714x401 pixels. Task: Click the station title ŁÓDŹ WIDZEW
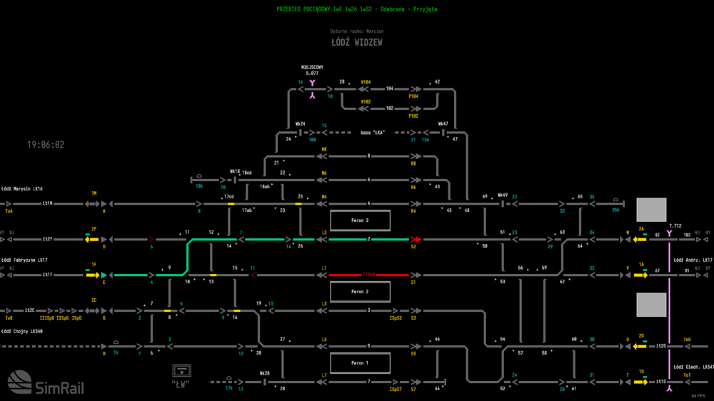357,43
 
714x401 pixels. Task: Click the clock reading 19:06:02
46,145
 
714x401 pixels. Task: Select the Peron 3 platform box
360,220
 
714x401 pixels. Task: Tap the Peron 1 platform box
360,363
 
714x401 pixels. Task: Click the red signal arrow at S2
416,239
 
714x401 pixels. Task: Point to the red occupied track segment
369,275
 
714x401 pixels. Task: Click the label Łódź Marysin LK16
22,188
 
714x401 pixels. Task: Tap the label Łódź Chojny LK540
22,331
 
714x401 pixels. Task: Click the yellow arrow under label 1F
92,275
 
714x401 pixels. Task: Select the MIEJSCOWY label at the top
312,67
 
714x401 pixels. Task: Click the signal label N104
366,82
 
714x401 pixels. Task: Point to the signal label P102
413,116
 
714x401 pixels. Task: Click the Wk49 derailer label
503,195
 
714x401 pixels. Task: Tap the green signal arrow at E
104,275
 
